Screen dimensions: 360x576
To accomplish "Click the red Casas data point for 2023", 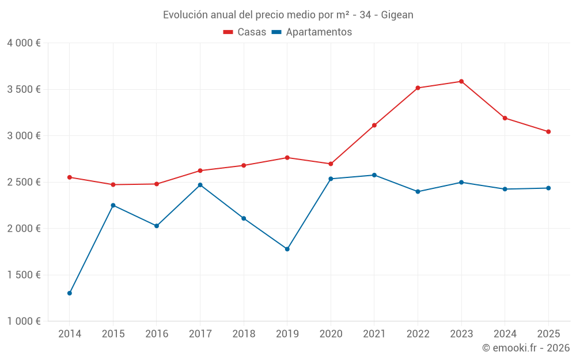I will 461,81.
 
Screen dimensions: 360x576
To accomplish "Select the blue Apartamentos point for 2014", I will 70,293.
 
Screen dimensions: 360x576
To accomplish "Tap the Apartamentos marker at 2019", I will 287,249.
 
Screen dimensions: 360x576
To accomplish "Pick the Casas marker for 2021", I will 374,125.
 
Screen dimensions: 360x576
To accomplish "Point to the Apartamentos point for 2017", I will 200,185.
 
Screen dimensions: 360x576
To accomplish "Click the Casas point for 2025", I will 548,131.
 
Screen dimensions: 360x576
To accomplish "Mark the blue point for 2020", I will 331,179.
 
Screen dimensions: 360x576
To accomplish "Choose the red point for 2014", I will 70,177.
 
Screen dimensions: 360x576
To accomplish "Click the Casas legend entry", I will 245,32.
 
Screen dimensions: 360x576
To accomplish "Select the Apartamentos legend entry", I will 312,32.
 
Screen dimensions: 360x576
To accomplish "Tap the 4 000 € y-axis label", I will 24,43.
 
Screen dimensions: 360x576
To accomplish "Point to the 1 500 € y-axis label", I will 24,275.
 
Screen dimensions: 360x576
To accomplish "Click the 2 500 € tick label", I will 24,182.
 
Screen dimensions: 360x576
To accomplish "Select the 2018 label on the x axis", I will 244,334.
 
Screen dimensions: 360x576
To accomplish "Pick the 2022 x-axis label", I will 418,334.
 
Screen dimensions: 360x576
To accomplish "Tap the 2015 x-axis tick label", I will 113,334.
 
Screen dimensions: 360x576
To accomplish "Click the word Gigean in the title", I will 397,15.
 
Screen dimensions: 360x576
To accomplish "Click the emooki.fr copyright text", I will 526,348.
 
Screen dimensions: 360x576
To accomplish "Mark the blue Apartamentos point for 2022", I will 418,191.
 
